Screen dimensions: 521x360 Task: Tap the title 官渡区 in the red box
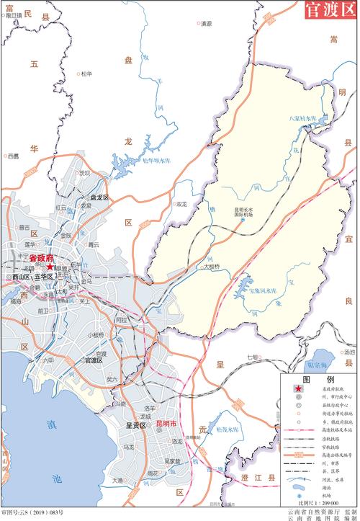(330, 12)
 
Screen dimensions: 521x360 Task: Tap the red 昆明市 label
(170, 424)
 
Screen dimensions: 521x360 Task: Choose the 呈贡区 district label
(136, 425)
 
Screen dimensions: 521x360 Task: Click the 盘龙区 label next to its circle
(98, 197)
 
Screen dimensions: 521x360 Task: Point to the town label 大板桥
(211, 265)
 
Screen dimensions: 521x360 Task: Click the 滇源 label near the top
(206, 23)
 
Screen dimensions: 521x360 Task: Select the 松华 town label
(87, 73)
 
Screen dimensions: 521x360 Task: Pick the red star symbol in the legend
(297, 389)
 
